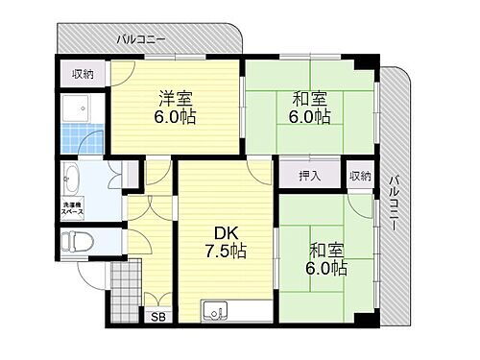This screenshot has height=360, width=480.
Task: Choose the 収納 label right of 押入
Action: click(x=359, y=177)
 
